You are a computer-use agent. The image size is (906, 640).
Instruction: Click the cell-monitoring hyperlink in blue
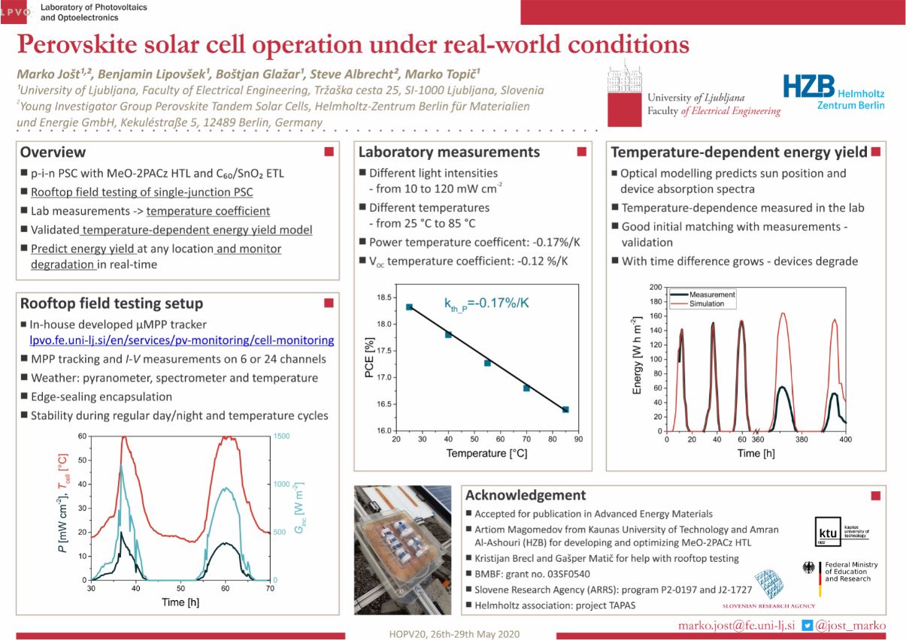[181, 340]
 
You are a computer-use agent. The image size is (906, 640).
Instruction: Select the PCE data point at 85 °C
[565, 409]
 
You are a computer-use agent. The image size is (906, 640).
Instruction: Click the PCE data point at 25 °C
[409, 306]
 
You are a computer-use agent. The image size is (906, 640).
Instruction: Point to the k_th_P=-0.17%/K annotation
[486, 304]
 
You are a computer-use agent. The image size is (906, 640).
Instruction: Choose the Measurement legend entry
[711, 294]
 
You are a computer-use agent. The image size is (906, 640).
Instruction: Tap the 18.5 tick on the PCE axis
[384, 297]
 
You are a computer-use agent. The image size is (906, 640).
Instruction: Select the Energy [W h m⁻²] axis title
[638, 359]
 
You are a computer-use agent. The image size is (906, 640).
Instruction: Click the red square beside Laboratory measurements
[580, 152]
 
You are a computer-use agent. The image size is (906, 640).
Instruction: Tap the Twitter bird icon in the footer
[807, 624]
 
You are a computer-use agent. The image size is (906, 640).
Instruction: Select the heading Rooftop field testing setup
[111, 303]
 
